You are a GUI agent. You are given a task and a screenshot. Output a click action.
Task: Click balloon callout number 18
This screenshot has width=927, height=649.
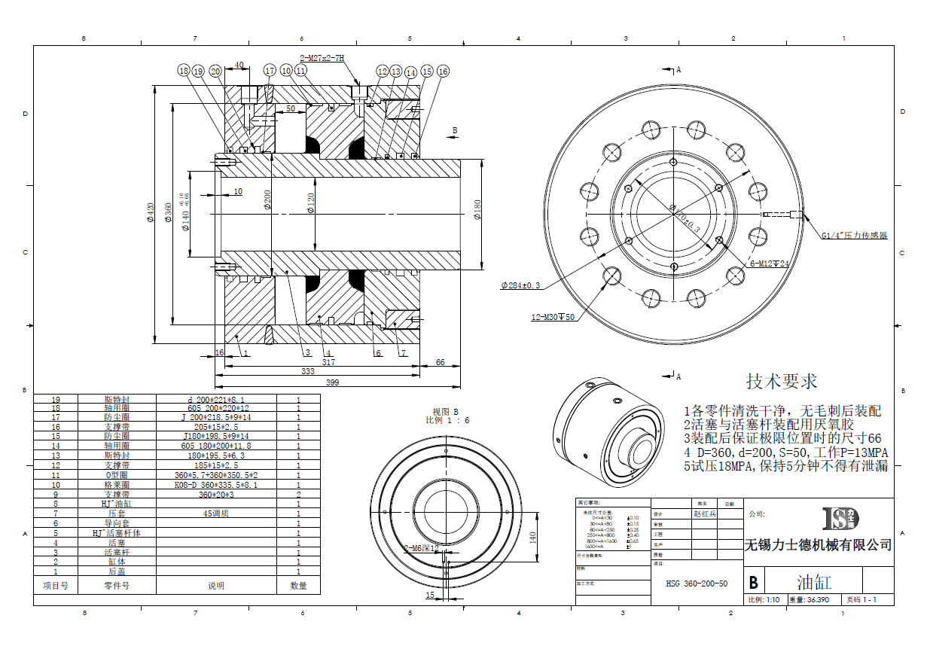[184, 71]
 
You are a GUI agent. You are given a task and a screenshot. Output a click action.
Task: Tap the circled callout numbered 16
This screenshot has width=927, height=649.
[443, 72]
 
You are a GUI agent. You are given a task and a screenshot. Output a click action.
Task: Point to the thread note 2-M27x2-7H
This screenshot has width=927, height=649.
[322, 58]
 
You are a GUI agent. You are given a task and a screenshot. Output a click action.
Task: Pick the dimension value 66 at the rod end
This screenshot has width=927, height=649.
[441, 362]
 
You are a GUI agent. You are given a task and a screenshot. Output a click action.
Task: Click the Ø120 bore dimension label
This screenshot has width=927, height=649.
[311, 203]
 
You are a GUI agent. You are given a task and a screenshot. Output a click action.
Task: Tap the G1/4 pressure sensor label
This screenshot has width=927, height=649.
[854, 236]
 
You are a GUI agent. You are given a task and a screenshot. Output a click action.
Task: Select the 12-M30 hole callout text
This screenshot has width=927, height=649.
[553, 317]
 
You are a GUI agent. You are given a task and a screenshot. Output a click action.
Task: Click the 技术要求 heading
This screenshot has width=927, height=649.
[782, 381]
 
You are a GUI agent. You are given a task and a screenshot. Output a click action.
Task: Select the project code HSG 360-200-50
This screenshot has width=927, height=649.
[697, 583]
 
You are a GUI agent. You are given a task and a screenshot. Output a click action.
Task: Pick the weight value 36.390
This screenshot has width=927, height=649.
[818, 600]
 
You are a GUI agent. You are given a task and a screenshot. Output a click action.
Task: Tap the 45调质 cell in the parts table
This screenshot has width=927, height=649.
[216, 513]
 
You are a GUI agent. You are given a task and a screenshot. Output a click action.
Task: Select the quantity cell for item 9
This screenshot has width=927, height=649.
[298, 494]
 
